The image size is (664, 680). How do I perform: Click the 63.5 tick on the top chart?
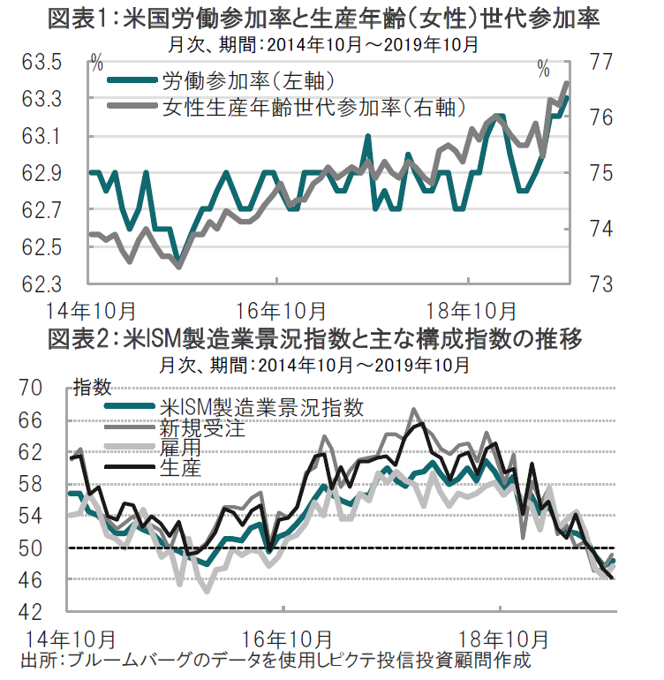tap(41, 63)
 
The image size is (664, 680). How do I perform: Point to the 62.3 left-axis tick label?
tap(41, 284)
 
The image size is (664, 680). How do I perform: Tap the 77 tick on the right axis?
tap(603, 63)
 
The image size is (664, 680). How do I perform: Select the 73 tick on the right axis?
tap(603, 284)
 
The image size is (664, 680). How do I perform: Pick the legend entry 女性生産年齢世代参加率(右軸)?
tap(313, 108)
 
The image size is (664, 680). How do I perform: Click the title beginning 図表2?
tap(324, 340)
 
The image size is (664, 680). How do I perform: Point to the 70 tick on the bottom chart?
tap(31, 389)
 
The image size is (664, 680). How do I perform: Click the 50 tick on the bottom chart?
tap(31, 548)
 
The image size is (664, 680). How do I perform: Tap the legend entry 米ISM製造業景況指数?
tap(261, 407)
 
